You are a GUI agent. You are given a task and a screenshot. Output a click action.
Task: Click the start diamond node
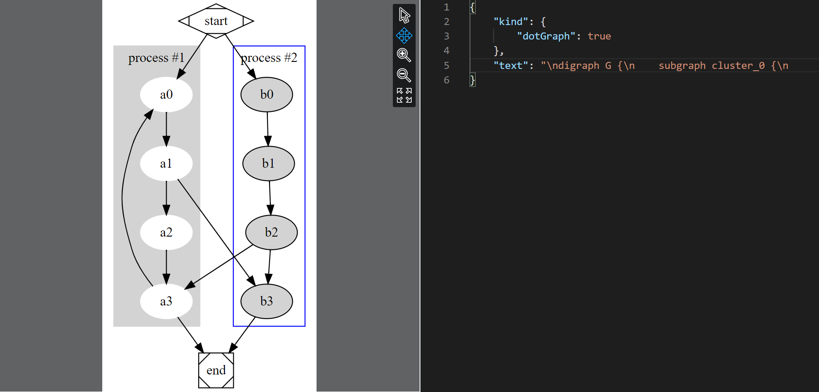pyautogui.click(x=216, y=21)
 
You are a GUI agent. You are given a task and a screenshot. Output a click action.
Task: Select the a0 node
pyautogui.click(x=166, y=94)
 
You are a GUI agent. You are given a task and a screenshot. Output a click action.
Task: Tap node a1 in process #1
pyautogui.click(x=166, y=163)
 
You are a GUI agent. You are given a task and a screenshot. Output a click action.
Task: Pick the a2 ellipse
pyautogui.click(x=166, y=232)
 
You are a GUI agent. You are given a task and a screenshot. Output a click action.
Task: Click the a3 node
pyautogui.click(x=166, y=301)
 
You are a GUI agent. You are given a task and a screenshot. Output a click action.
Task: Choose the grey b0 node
pyautogui.click(x=267, y=94)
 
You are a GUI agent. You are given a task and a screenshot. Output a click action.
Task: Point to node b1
pyautogui.click(x=268, y=163)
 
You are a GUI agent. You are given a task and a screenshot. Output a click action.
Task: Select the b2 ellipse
pyautogui.click(x=271, y=232)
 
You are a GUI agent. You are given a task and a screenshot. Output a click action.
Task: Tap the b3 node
pyautogui.click(x=267, y=301)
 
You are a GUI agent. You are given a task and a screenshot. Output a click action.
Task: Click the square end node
pyautogui.click(x=216, y=370)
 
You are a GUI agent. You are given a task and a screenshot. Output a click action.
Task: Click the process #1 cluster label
pyautogui.click(x=156, y=58)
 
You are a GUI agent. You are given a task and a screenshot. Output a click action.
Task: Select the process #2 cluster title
pyautogui.click(x=269, y=58)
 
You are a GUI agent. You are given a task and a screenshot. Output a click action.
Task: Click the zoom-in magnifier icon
pyautogui.click(x=404, y=55)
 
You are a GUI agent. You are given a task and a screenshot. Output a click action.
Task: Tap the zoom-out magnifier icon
pyautogui.click(x=404, y=75)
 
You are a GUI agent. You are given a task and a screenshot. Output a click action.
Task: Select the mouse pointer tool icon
pyautogui.click(x=404, y=15)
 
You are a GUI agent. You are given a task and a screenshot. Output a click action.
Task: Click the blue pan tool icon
pyautogui.click(x=404, y=35)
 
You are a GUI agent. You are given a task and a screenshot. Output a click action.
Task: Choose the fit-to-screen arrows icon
pyautogui.click(x=404, y=95)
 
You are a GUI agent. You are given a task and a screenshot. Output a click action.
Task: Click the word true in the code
pyautogui.click(x=599, y=36)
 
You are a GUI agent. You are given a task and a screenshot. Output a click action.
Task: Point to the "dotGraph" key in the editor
pyautogui.click(x=546, y=36)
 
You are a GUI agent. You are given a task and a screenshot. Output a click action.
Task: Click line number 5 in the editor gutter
pyautogui.click(x=446, y=65)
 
